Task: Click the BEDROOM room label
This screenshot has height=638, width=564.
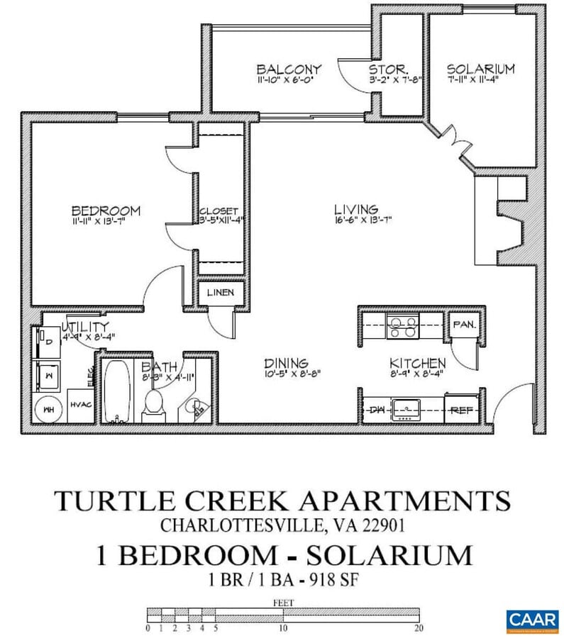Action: (x=106, y=211)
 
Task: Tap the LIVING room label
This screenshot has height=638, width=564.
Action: (x=356, y=209)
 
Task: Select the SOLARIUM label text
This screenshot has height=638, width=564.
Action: (x=480, y=69)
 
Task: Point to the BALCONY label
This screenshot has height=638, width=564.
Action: (x=289, y=69)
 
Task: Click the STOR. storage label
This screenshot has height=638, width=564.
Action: (x=387, y=69)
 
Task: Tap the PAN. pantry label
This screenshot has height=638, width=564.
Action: (x=465, y=325)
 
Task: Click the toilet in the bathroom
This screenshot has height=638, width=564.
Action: (x=153, y=405)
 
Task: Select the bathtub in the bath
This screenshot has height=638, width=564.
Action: (x=115, y=391)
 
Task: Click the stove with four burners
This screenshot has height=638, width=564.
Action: (x=403, y=327)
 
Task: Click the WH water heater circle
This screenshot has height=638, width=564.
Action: (x=48, y=410)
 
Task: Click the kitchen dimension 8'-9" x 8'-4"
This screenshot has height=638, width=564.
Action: (x=417, y=373)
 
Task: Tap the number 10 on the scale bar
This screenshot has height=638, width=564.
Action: (x=282, y=628)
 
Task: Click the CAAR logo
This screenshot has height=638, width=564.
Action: (x=532, y=620)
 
